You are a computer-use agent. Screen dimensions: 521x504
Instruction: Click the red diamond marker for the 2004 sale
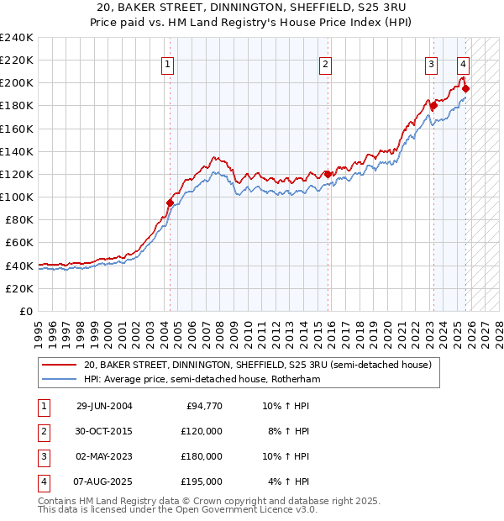170,203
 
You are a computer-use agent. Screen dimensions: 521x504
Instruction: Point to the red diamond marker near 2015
328,174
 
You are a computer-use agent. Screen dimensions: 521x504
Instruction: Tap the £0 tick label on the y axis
25,311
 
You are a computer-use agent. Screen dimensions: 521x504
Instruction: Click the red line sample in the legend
59,366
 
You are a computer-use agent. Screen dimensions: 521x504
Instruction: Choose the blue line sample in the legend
59,380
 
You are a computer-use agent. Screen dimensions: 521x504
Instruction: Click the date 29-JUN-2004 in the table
104,406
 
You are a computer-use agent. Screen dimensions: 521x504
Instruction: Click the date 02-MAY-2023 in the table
104,456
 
